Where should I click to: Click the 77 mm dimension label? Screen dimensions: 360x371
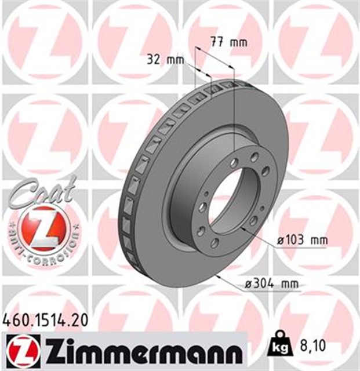point(228,42)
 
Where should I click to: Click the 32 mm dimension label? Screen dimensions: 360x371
point(165,60)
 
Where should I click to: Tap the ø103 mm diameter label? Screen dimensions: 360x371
point(302,241)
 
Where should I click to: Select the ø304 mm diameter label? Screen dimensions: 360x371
point(271,283)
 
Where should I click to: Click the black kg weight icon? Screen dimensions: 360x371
point(281,344)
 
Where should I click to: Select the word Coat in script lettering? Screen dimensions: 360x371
point(41,193)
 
